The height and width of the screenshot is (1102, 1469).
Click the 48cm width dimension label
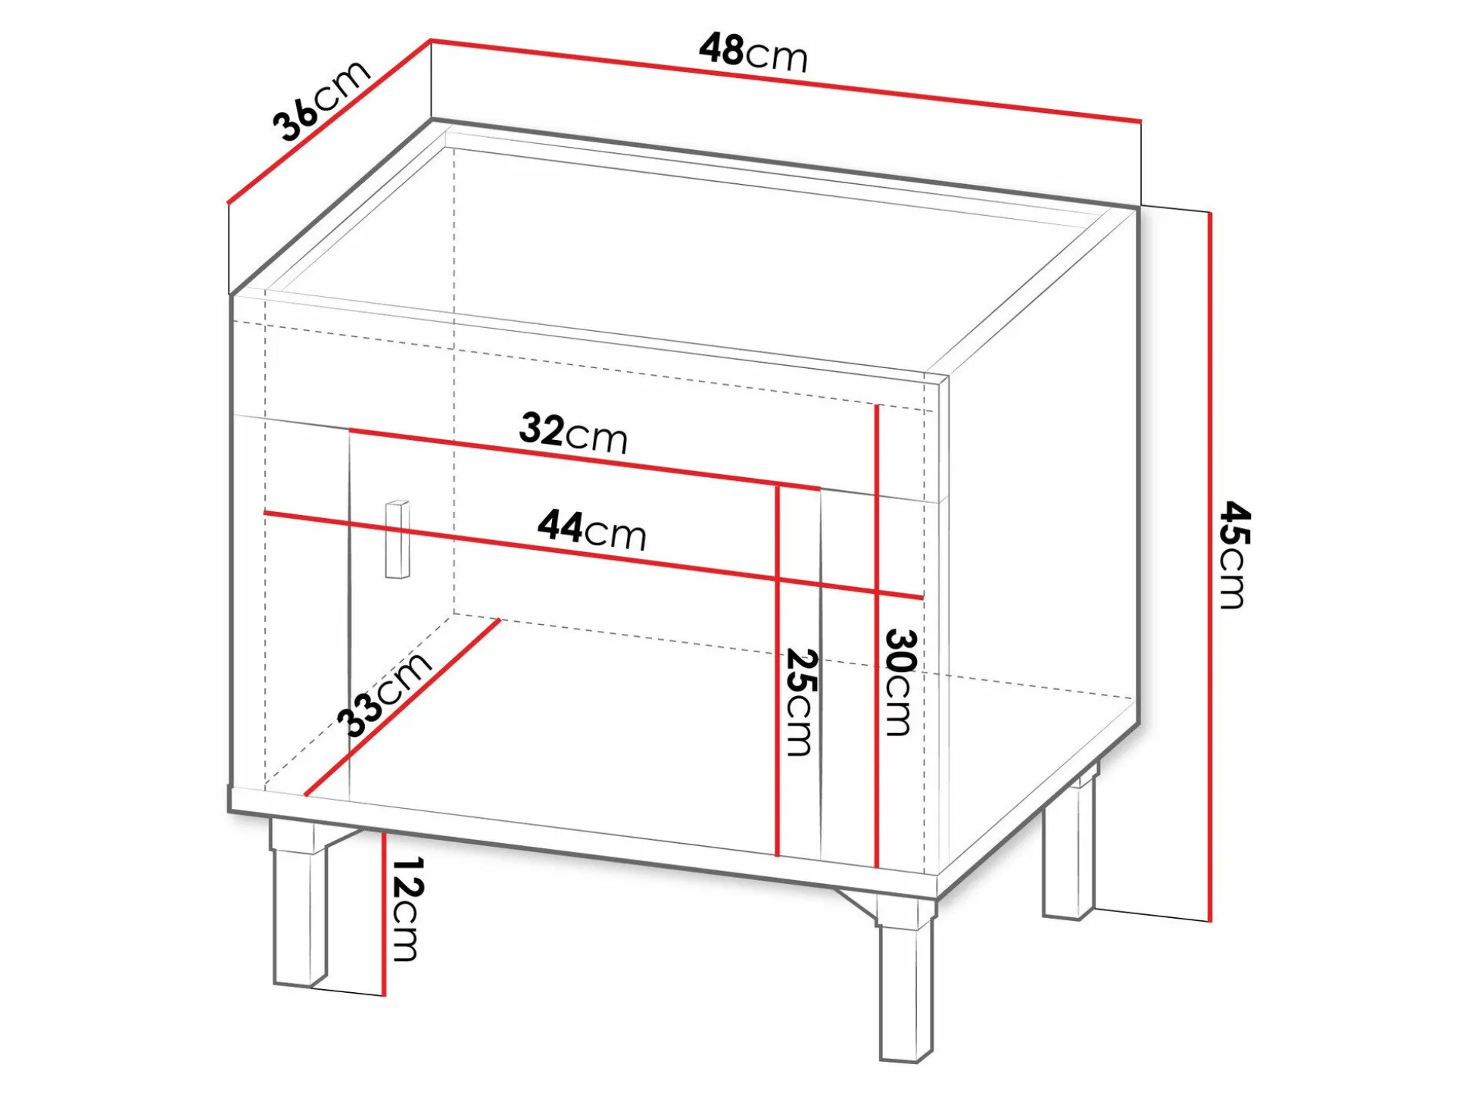753,52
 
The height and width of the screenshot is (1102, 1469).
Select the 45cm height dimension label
1234,554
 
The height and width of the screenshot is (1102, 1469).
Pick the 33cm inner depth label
384,693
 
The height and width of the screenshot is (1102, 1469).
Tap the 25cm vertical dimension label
800,701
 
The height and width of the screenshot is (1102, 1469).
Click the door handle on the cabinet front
397,539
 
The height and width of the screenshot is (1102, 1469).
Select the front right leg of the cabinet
906,980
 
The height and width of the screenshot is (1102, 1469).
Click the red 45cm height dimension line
1210,567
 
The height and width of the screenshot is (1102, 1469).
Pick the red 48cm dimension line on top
785,80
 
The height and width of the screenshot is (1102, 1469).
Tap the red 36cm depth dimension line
329,121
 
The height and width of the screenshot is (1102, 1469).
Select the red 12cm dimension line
385,913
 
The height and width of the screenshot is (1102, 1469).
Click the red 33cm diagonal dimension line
402,707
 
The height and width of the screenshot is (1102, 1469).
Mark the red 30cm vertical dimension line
876,635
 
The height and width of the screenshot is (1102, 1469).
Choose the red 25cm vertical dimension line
778,670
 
